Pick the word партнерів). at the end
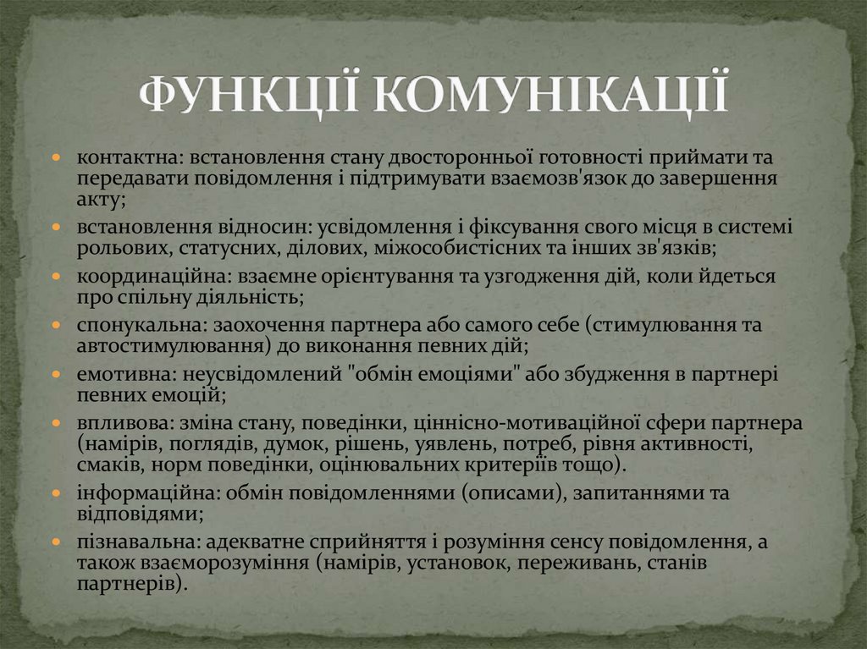(130, 585)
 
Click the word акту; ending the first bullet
(101, 198)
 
